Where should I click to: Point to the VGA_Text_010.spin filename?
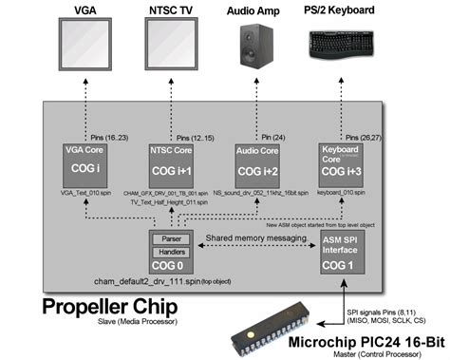(86, 191)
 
